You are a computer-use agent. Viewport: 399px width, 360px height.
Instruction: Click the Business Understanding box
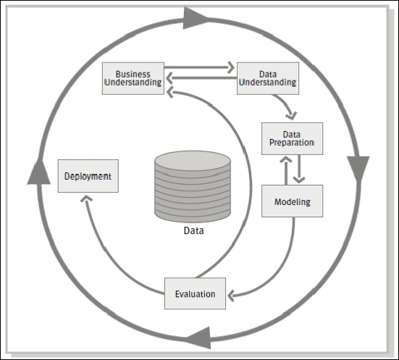point(133,78)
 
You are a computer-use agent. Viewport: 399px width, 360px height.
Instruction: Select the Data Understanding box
point(268,78)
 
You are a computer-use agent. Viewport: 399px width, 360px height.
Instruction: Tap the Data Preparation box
point(292,138)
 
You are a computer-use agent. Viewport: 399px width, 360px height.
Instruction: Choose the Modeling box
point(292,201)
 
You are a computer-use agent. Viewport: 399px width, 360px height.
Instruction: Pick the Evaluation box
point(196,293)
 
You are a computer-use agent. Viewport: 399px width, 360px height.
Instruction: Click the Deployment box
point(88,176)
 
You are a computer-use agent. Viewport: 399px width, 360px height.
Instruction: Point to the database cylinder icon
point(193,186)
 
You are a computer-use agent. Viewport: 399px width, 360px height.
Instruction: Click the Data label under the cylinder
point(193,230)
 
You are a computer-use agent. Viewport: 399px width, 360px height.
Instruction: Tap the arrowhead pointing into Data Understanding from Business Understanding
point(231,67)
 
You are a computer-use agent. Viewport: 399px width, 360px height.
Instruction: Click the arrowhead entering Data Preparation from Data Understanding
point(291,116)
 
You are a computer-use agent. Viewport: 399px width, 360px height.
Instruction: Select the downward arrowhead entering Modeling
point(299,180)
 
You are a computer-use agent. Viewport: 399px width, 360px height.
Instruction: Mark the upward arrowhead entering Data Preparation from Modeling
point(286,159)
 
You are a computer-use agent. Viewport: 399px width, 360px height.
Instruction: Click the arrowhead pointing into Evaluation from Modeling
point(231,296)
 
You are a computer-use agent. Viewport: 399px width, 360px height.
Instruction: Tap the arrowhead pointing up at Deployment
point(86,198)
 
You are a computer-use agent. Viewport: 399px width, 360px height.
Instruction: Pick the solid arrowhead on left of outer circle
point(39,172)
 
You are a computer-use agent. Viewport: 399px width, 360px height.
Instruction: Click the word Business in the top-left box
point(133,75)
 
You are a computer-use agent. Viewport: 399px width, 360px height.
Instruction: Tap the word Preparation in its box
point(292,143)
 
